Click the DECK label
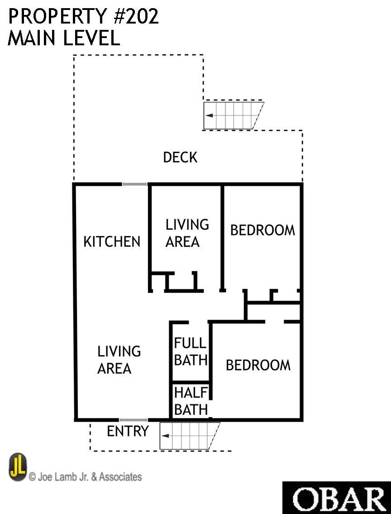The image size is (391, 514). [x=180, y=157]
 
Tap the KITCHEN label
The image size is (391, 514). [x=112, y=241]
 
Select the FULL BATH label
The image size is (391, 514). [x=190, y=351]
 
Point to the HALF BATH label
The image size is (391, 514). [x=191, y=401]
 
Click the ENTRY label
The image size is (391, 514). [x=128, y=431]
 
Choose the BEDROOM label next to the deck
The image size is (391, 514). [x=262, y=230]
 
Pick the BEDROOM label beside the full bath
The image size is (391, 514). [x=258, y=365]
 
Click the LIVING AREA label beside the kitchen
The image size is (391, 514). [x=187, y=233]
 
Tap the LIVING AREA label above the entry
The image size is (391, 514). [x=119, y=360]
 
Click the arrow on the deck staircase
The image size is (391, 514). [x=209, y=115]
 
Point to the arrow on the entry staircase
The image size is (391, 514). [x=165, y=436]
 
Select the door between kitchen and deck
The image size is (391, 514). [x=134, y=184]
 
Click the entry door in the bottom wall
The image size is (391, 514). [x=134, y=420]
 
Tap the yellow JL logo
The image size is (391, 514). [x=18, y=467]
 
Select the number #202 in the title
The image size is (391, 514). [x=136, y=16]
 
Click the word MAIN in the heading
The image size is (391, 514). [x=31, y=38]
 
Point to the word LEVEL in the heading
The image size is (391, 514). [x=91, y=38]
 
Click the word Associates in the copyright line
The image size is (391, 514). [x=120, y=476]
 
